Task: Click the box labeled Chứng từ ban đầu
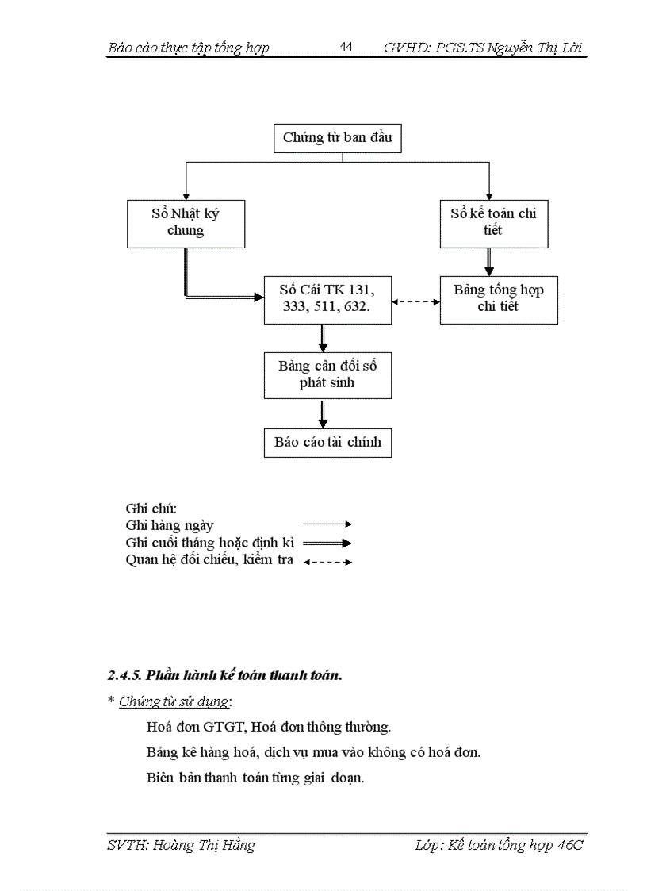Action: coord(337,138)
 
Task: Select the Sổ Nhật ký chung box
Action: coord(186,223)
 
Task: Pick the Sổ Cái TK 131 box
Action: coord(327,299)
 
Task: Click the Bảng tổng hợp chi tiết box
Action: coord(499,299)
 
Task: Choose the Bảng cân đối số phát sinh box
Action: coord(327,374)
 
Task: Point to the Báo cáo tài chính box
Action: coord(327,443)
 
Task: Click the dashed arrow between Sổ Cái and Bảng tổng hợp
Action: coord(416,301)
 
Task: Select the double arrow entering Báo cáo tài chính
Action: coord(323,414)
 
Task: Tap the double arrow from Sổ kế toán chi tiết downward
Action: coord(489,261)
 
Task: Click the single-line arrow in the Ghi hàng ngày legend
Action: coord(327,524)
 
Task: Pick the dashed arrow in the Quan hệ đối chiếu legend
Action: coord(327,562)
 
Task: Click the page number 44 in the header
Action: coord(346,47)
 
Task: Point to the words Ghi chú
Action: coord(151,508)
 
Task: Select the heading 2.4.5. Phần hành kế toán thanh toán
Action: coord(225,676)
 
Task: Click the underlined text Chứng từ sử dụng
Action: coord(174,701)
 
